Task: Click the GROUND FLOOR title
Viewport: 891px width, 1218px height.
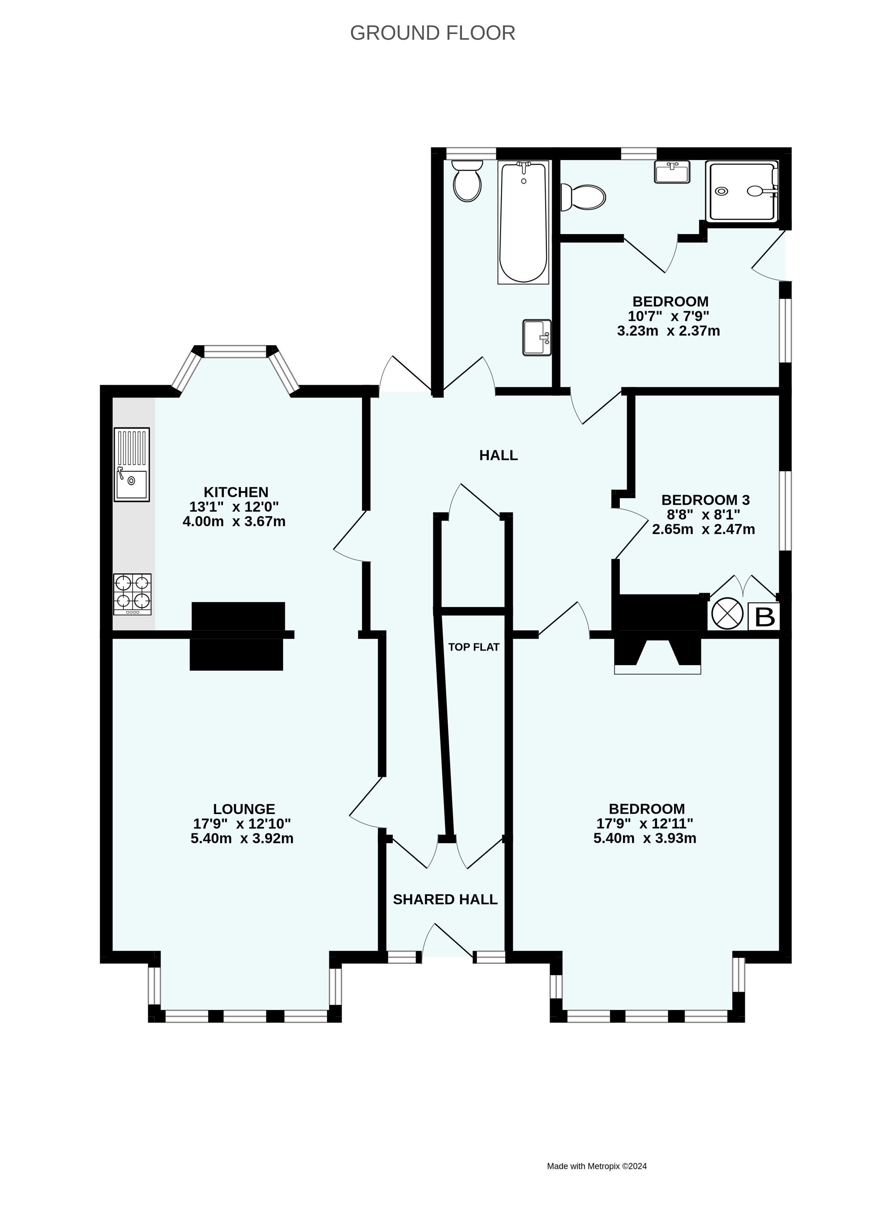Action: coord(433,33)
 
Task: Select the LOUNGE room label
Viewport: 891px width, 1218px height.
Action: coord(244,824)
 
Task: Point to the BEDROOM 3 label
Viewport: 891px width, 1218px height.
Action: coord(706,500)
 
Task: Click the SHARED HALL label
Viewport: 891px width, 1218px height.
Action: coord(445,899)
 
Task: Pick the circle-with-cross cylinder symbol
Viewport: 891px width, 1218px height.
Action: coord(726,615)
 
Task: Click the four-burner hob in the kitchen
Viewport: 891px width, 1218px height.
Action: coord(132,594)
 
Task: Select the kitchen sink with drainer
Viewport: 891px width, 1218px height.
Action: coord(132,465)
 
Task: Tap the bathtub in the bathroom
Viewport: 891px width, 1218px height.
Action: coord(523,222)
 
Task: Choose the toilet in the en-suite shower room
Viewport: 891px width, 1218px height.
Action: coord(583,198)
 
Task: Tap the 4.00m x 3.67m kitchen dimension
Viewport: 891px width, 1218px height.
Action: coord(234,521)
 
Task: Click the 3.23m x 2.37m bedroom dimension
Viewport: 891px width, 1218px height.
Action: coord(669,331)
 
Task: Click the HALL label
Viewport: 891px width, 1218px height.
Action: coord(498,455)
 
